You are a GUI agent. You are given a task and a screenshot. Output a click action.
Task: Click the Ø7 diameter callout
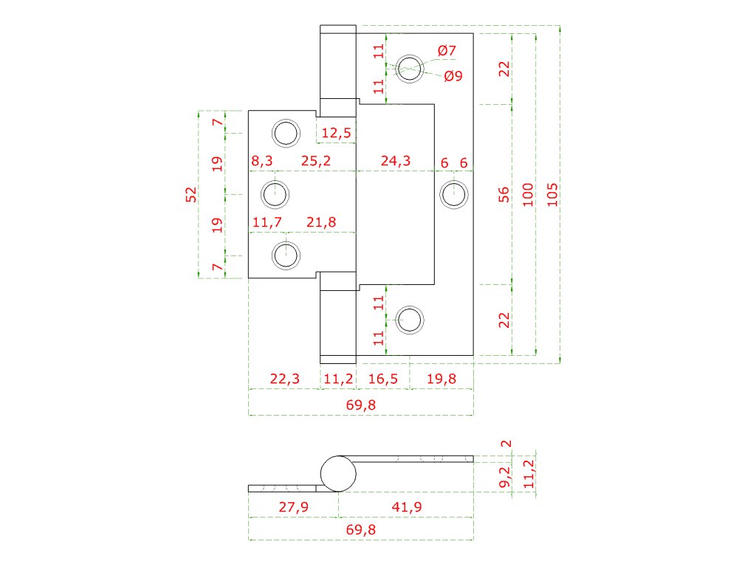click(x=447, y=51)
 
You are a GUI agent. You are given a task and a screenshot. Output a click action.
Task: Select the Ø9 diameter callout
click(x=453, y=75)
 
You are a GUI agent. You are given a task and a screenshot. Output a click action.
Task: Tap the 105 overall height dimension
click(x=553, y=193)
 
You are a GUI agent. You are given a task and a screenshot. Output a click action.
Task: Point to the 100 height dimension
click(x=528, y=193)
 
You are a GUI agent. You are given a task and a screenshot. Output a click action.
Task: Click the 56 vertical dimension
click(x=504, y=194)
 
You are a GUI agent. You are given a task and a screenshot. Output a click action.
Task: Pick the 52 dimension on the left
click(x=191, y=194)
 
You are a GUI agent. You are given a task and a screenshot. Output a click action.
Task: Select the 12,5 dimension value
click(x=337, y=133)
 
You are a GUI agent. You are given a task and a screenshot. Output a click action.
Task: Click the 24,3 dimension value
click(x=396, y=161)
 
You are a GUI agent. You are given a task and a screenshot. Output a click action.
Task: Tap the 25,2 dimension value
click(x=315, y=161)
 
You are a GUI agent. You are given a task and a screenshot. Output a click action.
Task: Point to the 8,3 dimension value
click(x=262, y=161)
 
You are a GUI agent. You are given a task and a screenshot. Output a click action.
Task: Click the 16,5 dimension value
click(x=383, y=379)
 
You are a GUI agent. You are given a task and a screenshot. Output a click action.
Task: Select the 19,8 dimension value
click(x=441, y=379)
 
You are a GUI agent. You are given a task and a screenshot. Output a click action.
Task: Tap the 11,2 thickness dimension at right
click(x=527, y=475)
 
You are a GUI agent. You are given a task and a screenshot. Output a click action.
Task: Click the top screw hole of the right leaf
click(x=410, y=68)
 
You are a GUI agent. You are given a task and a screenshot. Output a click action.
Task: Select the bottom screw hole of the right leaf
click(x=410, y=320)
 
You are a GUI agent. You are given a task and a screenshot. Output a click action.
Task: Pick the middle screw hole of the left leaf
click(x=275, y=194)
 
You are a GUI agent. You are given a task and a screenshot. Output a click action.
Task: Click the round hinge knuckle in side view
click(x=337, y=474)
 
